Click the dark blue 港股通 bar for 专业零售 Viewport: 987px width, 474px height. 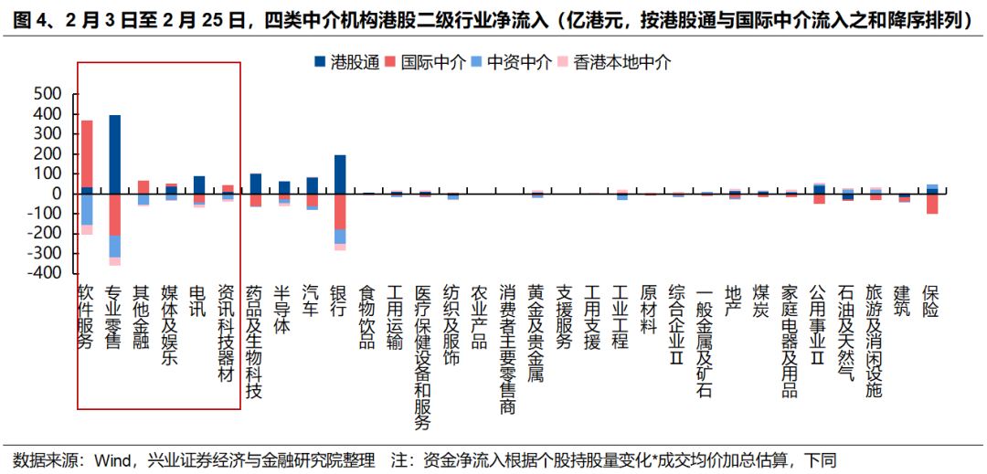coord(114,154)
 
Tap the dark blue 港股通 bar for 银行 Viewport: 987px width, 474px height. coord(340,174)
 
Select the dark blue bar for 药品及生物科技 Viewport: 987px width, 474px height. coord(256,184)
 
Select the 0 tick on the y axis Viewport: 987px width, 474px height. coord(56,194)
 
